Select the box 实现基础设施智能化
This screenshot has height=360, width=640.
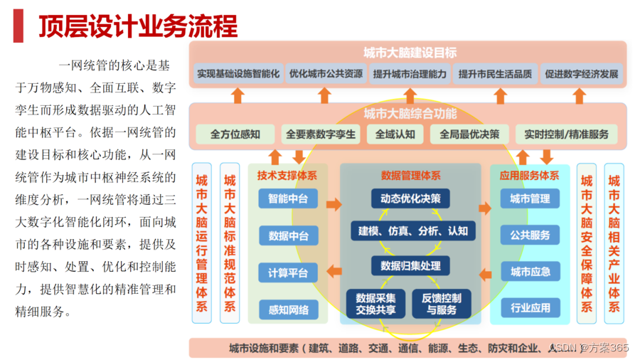tap(238, 74)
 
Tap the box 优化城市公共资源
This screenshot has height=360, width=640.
tap(326, 74)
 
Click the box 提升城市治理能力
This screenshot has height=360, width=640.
tap(410, 74)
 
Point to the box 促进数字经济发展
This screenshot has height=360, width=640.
tap(581, 74)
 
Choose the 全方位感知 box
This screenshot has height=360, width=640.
tap(235, 134)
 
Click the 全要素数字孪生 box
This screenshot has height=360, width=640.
tap(321, 134)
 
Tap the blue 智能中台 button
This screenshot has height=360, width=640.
tap(288, 199)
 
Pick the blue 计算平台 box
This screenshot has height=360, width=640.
tap(288, 272)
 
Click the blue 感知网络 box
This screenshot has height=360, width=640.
tap(288, 309)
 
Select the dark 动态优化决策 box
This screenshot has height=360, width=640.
tap(410, 198)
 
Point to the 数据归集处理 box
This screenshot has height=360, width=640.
tap(410, 266)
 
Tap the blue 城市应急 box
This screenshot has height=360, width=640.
tap(530, 272)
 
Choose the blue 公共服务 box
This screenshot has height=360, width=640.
tap(530, 235)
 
